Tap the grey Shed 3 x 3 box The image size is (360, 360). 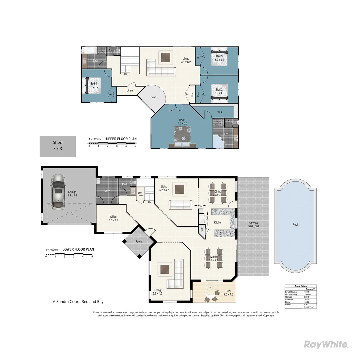click(x=58, y=146)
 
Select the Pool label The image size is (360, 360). click(x=295, y=225)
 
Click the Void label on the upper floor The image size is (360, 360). click(x=154, y=97)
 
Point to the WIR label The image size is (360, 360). click(x=220, y=113)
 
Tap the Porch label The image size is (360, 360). click(x=139, y=242)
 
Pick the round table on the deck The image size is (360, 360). click(x=211, y=294)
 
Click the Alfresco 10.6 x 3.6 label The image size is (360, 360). click(x=253, y=224)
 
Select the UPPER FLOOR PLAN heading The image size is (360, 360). click(x=121, y=139)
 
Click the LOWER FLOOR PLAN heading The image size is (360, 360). click(x=78, y=249)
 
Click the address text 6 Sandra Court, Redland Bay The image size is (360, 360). click(x=78, y=302)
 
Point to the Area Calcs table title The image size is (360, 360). click(x=300, y=286)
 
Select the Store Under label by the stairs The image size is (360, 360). click(x=140, y=194)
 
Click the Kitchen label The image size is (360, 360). click(x=218, y=222)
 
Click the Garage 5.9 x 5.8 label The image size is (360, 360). click(x=72, y=194)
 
